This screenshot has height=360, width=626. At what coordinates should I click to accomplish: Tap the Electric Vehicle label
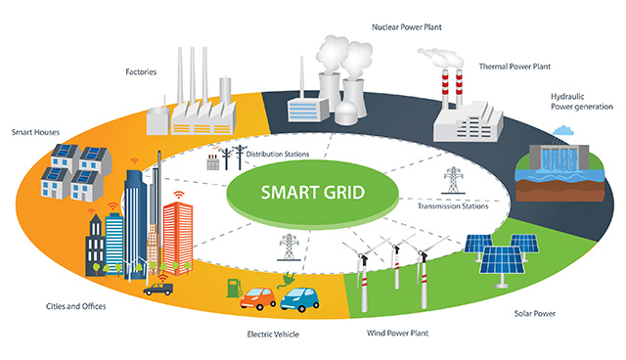click(x=276, y=334)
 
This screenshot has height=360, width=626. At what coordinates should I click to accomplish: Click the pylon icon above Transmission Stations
click(x=452, y=181)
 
